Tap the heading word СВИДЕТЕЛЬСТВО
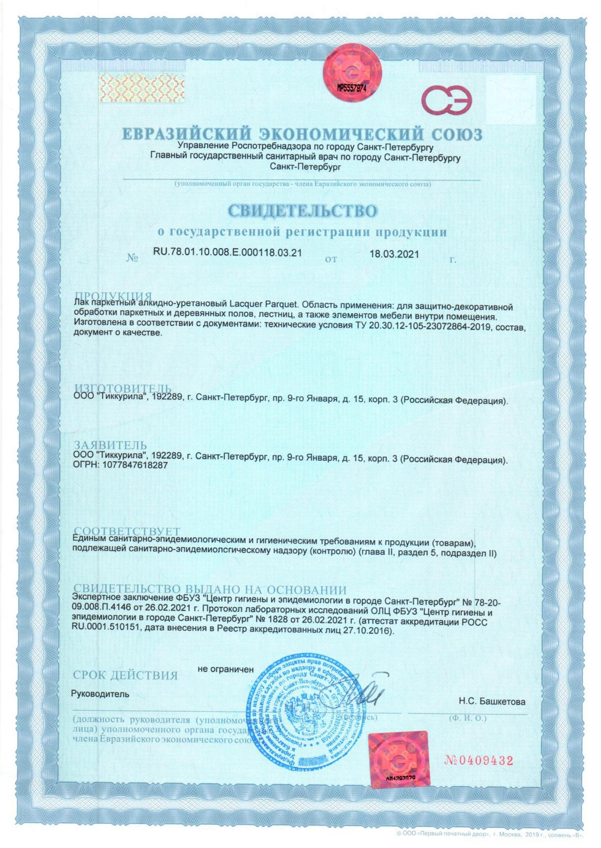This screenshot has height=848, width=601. coord(302,211)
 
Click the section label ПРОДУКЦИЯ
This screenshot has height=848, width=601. coord(113,296)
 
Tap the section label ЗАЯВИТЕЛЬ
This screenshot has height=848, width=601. coord(110,445)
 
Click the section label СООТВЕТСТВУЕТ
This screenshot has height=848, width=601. coord(128,532)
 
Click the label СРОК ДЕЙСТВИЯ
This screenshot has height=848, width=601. coord(125,675)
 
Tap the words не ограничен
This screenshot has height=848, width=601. coord(225,669)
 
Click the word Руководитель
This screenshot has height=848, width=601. coord(100,694)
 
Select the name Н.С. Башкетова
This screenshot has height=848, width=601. coord(492,702)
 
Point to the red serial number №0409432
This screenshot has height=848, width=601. coord(478,760)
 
